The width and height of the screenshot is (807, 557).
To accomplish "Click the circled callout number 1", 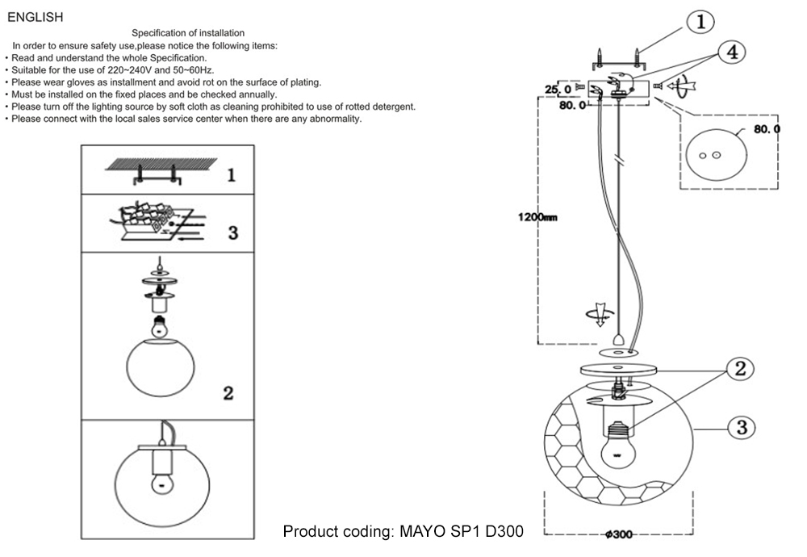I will [700, 23].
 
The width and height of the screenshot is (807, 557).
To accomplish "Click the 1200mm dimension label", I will [533, 216].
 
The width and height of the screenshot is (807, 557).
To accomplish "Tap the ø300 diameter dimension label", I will [619, 534].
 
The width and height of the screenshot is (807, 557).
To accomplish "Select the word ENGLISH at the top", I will [35, 17].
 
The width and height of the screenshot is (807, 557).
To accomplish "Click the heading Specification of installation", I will [188, 33].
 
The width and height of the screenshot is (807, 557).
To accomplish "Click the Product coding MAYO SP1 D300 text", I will [403, 532].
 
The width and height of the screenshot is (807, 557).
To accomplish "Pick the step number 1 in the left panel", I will [231, 174].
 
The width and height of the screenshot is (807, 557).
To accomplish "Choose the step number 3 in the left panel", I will [232, 232].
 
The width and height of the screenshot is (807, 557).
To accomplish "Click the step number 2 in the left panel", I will [228, 393].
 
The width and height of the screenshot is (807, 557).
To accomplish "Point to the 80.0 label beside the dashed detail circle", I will [767, 129].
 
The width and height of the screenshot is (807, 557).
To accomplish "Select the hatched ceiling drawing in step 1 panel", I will [161, 164].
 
